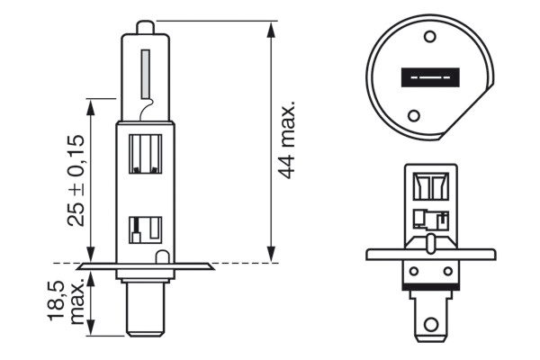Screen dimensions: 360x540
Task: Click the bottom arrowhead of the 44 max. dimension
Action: pyautogui.click(x=271, y=257)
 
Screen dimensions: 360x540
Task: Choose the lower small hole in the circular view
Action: pyautogui.click(x=414, y=115)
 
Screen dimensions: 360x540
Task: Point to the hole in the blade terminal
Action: pyautogui.click(x=433, y=322)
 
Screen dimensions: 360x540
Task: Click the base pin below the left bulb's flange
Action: pyautogui.click(x=144, y=306)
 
